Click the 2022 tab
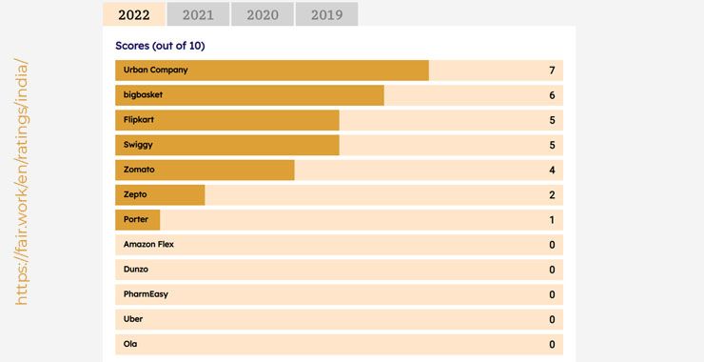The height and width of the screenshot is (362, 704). click(x=133, y=14)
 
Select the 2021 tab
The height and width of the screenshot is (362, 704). click(x=198, y=14)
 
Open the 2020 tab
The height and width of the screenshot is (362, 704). click(x=263, y=14)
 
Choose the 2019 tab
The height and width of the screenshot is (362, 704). click(x=326, y=14)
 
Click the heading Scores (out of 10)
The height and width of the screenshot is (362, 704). click(x=160, y=46)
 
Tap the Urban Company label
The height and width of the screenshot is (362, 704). click(x=155, y=70)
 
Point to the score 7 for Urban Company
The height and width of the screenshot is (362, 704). click(x=552, y=70)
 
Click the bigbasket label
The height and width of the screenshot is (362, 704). click(x=145, y=95)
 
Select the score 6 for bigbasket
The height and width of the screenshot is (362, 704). click(x=552, y=95)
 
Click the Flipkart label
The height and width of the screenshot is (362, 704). click(x=141, y=120)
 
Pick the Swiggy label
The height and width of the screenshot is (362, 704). click(x=138, y=145)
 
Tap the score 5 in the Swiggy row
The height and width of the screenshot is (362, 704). click(x=552, y=145)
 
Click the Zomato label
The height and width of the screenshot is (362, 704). click(x=139, y=170)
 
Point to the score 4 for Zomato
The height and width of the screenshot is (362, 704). click(x=552, y=170)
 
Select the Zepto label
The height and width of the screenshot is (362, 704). click(x=135, y=194)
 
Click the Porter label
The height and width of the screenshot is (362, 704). click(x=136, y=219)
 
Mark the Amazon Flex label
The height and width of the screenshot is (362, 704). click(x=148, y=245)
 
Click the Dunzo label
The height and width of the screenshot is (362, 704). click(x=137, y=270)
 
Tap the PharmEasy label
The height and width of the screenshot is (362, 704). click(x=146, y=294)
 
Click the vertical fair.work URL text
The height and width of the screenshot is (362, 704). click(x=22, y=181)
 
